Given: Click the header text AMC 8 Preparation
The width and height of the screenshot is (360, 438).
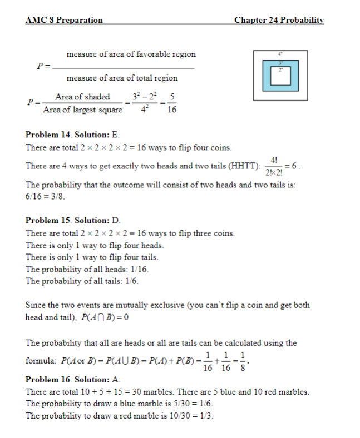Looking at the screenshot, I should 64,20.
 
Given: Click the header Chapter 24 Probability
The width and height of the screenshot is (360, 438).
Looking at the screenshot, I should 279,20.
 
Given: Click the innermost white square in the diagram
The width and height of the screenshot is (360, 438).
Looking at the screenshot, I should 281,78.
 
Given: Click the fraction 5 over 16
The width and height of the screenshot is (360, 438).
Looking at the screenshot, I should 172,104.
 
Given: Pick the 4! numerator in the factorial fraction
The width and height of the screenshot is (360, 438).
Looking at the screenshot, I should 273,160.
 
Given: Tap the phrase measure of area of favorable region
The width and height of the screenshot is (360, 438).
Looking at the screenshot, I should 131,54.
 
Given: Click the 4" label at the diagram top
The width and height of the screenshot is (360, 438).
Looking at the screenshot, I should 281,54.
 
